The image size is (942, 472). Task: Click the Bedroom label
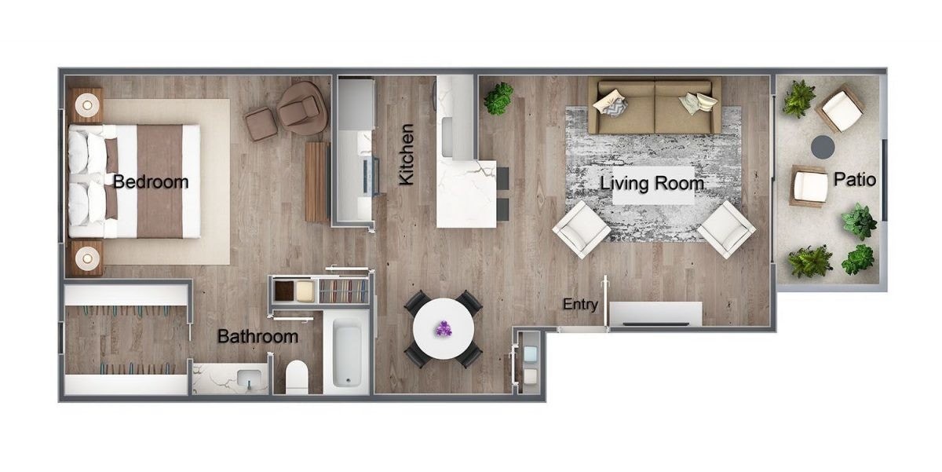[x=151, y=182]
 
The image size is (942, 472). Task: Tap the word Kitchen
[x=406, y=165]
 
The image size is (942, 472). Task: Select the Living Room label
[x=652, y=184]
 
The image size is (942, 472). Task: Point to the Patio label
[x=855, y=180]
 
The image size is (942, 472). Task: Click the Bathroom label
[x=257, y=337]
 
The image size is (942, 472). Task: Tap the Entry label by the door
[x=580, y=305]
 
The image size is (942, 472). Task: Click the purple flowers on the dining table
[x=444, y=328]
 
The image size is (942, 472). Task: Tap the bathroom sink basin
[x=250, y=379]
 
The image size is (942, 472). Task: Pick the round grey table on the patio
[x=822, y=146]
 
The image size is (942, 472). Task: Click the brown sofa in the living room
[x=654, y=106]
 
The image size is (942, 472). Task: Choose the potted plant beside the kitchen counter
[x=498, y=98]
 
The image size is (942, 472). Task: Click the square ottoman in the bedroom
[x=261, y=123]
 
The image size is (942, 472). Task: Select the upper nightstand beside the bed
[x=86, y=104]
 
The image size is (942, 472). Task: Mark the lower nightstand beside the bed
[x=86, y=256]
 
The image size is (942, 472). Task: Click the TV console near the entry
[x=656, y=313]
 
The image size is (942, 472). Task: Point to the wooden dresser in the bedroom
[x=316, y=181]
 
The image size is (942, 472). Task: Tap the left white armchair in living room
[x=581, y=229]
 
